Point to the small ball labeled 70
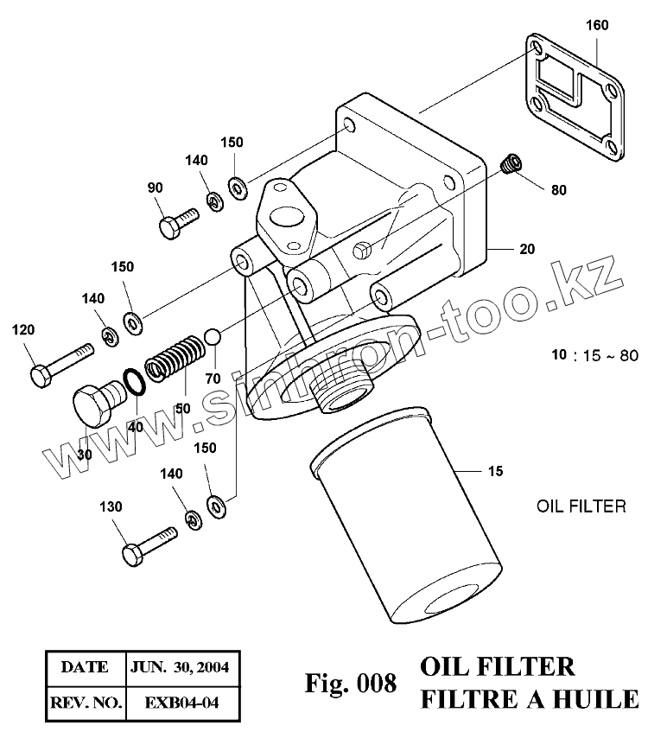213,336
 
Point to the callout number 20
526,249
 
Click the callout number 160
596,25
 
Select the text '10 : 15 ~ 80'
594,355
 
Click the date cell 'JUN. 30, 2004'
179,668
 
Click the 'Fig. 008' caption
351,684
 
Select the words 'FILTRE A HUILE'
529,698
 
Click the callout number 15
494,471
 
